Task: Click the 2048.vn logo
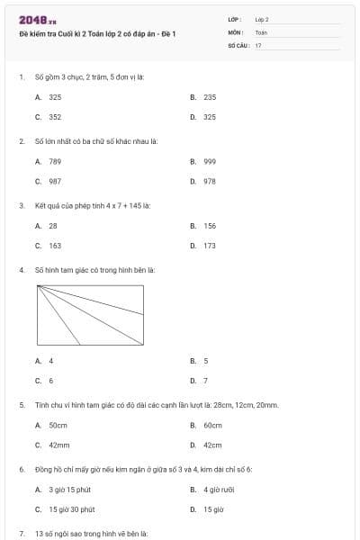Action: [37, 19]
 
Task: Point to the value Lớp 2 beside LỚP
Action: [262, 19]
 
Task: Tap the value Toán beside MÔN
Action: [261, 31]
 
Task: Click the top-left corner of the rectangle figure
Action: [38, 286]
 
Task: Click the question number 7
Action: [22, 534]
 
